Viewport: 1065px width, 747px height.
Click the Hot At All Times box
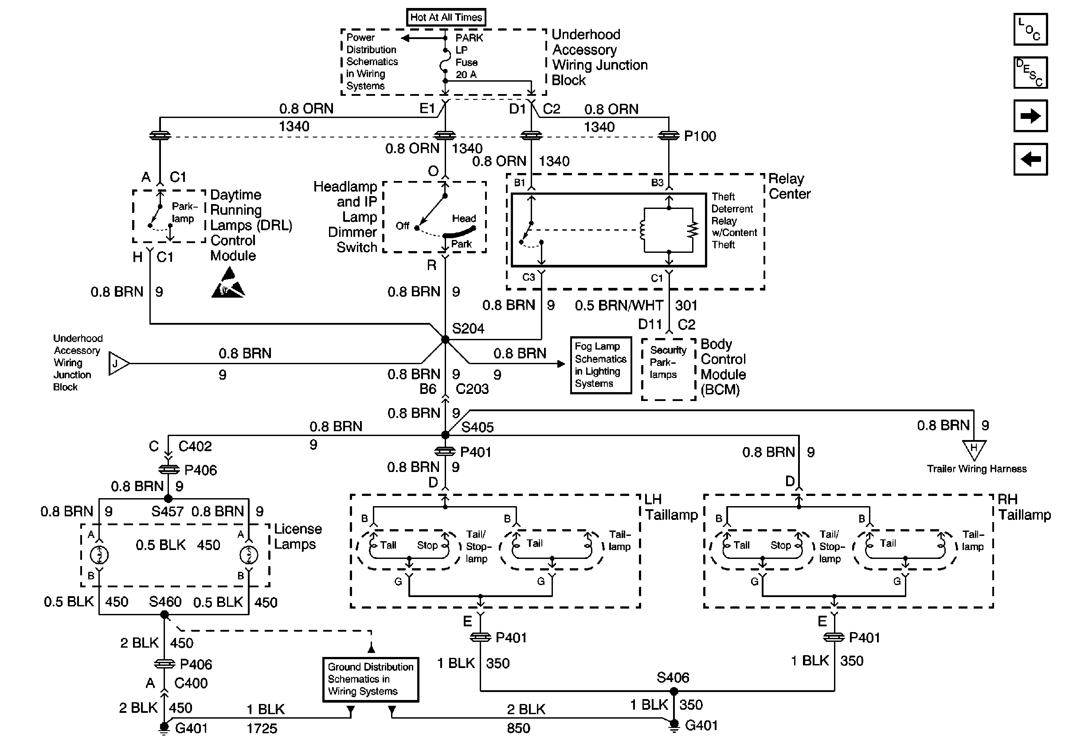[x=446, y=17]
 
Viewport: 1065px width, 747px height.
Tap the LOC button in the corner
[x=1030, y=29]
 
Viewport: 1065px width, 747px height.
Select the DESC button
[x=1030, y=72]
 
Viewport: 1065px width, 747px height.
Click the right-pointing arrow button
[x=1030, y=115]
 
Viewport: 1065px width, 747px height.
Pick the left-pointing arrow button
[x=1030, y=159]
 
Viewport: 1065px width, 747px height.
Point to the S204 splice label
[x=468, y=329]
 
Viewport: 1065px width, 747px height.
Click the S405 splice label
[x=478, y=427]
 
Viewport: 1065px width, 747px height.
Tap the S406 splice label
[x=673, y=677]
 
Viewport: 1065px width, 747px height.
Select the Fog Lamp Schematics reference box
[x=601, y=365]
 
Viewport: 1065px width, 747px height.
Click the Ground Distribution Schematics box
[x=371, y=679]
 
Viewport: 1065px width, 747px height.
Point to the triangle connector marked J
[x=118, y=363]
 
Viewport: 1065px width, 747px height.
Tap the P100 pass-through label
[x=700, y=136]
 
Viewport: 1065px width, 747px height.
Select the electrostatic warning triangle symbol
[x=228, y=282]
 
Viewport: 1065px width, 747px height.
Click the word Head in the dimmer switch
[x=464, y=218]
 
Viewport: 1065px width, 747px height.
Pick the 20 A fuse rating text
[x=466, y=74]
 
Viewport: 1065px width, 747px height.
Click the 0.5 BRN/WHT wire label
[x=619, y=305]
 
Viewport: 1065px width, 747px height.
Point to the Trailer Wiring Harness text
[x=977, y=468]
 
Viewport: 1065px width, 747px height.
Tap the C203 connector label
[x=472, y=389]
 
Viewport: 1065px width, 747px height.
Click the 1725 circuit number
[x=262, y=728]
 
